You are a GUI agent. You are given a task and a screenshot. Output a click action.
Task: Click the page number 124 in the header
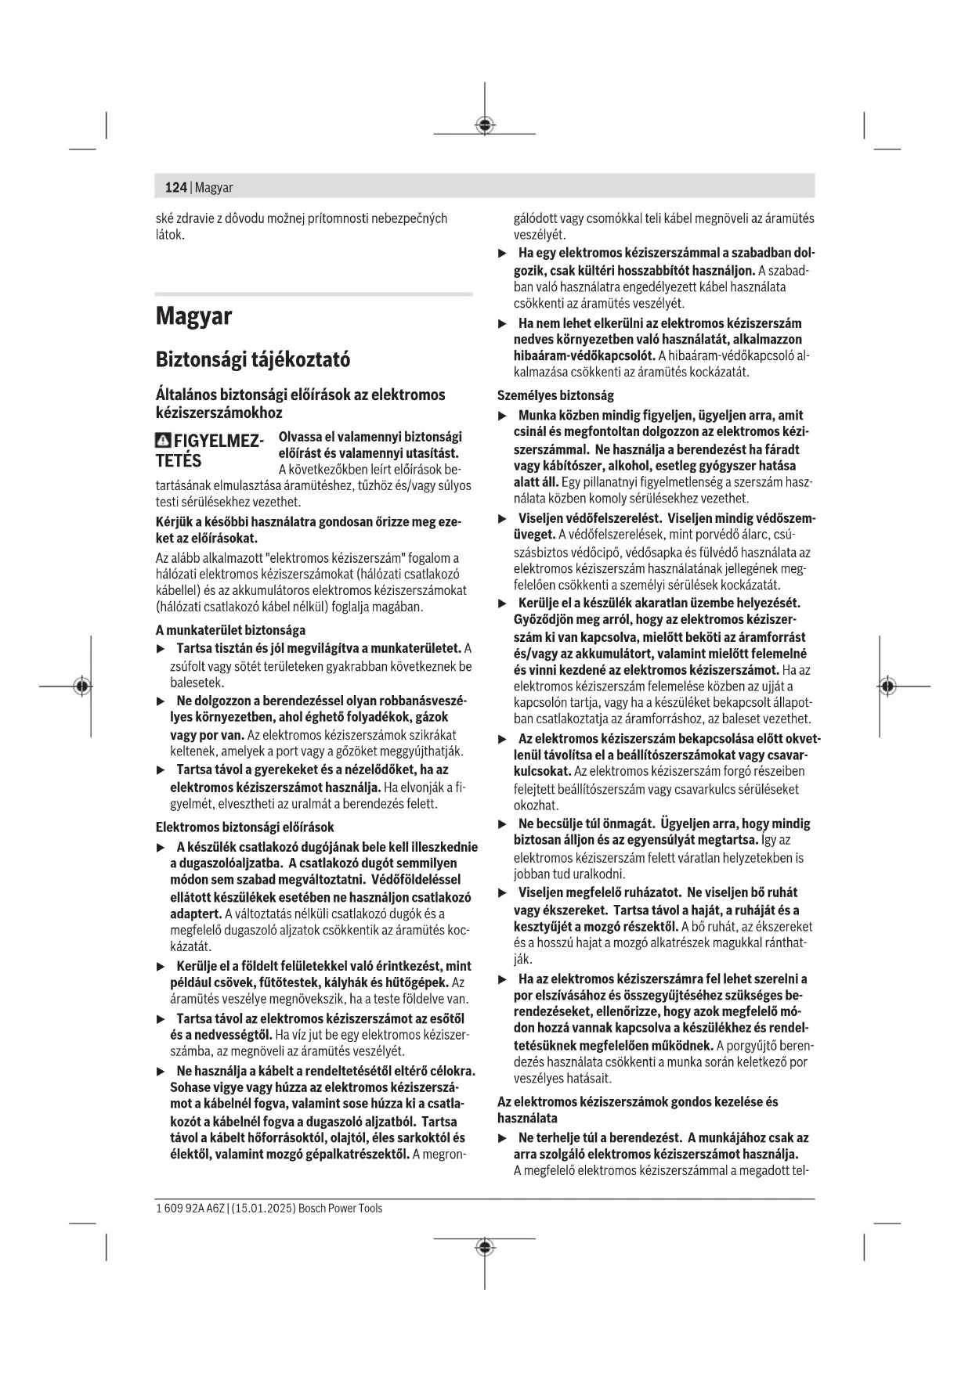coord(175,187)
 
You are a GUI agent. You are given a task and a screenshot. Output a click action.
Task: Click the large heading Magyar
coord(193,316)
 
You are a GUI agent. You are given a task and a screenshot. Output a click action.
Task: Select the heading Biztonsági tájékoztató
coord(252,359)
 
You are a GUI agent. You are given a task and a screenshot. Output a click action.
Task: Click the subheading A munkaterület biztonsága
coord(230,630)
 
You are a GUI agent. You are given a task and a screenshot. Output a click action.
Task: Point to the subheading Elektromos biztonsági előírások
coord(244,827)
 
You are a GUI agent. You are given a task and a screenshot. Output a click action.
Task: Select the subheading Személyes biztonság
coord(555,395)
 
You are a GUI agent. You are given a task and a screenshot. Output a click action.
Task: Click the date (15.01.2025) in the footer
coord(263,1208)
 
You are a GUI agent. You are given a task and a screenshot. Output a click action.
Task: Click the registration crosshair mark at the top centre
coord(485,124)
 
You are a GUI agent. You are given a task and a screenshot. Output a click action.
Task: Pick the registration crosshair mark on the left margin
coord(81,686)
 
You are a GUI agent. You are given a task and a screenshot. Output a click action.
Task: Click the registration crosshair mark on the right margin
coord(887,686)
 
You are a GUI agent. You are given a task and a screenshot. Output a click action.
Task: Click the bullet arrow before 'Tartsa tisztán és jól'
coord(161,649)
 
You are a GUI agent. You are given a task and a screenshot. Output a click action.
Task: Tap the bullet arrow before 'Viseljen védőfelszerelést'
coord(503,518)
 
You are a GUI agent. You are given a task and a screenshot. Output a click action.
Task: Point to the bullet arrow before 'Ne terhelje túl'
coord(503,1137)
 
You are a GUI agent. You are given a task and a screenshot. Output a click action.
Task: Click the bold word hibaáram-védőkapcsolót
coord(584,356)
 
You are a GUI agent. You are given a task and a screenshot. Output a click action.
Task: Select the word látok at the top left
coord(169,235)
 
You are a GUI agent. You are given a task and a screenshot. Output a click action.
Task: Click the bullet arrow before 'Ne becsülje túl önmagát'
coord(503,823)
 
